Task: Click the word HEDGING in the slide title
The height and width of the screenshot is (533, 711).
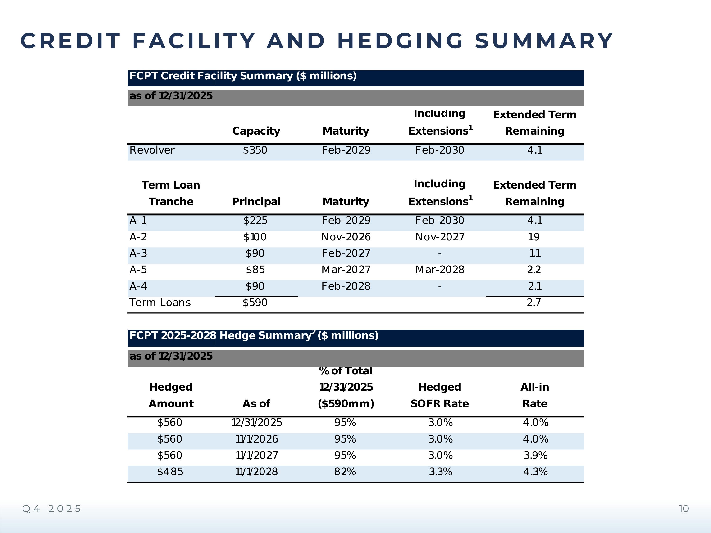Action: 400,41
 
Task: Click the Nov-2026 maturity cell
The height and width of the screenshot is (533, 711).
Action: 346,237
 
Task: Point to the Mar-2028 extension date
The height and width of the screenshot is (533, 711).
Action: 439,270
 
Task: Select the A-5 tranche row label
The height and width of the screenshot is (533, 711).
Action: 138,270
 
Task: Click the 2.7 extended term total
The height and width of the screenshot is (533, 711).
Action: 534,303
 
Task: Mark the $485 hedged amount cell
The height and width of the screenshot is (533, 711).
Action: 170,472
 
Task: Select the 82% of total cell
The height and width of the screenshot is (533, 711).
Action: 345,472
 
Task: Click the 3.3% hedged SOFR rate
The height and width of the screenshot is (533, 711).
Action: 440,472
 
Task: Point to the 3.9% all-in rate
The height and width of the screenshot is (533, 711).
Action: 535,455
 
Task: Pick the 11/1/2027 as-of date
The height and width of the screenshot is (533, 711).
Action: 256,455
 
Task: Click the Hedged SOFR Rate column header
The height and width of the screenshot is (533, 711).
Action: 439,395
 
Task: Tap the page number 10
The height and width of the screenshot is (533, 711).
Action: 684,509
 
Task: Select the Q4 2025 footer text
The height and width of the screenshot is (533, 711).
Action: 52,509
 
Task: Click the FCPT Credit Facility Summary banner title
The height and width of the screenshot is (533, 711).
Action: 243,76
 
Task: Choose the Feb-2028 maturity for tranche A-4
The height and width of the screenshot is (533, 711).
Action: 346,286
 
